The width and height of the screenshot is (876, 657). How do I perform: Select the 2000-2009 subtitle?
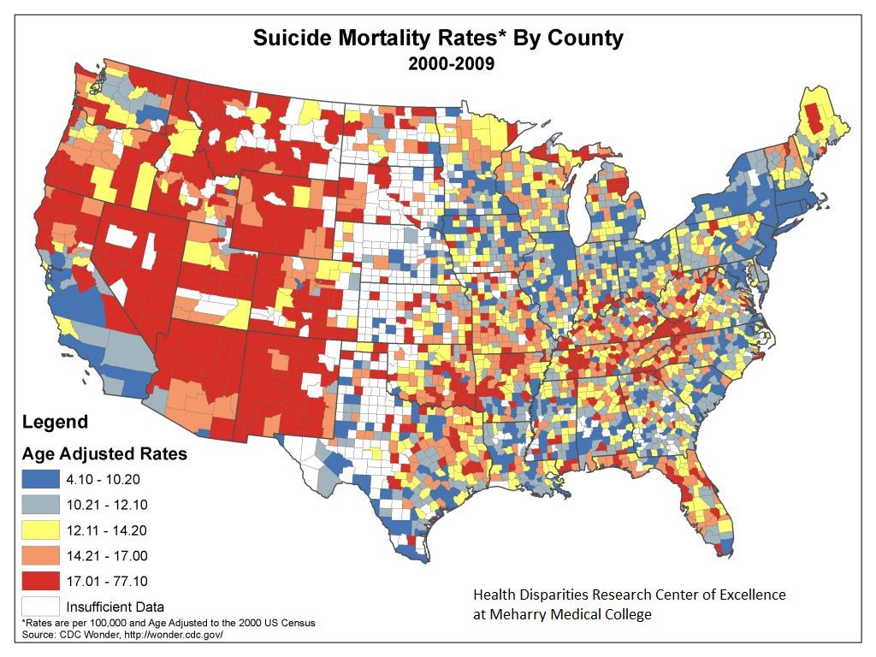click(438, 64)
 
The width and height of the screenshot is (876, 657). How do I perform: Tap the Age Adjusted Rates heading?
click(104, 454)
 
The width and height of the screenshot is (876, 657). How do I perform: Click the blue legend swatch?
click(40, 480)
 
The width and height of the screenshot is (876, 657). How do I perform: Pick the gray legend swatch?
click(40, 506)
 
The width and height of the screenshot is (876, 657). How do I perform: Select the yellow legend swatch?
click(40, 530)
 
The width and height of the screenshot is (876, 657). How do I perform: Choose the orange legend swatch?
click(40, 556)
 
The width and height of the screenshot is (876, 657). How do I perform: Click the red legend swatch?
click(40, 582)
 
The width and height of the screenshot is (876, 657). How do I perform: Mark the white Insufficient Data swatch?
click(40, 607)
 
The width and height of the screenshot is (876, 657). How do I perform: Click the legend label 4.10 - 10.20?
click(104, 480)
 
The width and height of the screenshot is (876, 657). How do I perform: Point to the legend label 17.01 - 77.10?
click(107, 582)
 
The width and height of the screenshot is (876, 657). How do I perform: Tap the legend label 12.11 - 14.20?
click(107, 530)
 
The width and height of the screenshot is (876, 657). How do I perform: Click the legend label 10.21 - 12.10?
click(107, 506)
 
